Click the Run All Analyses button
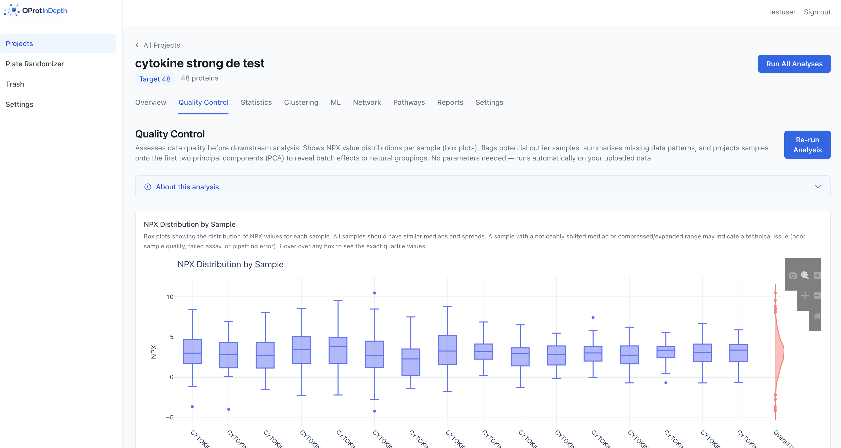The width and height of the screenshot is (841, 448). (794, 64)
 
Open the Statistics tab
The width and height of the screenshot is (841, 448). (256, 103)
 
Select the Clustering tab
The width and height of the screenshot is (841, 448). (301, 103)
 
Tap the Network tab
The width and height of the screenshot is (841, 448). (367, 103)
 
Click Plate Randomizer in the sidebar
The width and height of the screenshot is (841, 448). (35, 64)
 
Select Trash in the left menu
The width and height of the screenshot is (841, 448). (15, 84)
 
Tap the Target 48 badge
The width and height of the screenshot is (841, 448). (155, 79)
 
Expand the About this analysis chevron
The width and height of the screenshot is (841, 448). (818, 187)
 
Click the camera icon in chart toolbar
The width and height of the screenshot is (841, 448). (792, 276)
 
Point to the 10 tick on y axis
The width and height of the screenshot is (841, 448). (170, 297)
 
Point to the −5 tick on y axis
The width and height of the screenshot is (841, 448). (170, 417)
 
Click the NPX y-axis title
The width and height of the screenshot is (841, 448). (153, 352)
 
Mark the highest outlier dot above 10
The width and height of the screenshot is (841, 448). (374, 293)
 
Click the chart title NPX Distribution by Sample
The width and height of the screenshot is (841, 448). (230, 264)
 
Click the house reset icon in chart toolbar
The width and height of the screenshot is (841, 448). (817, 316)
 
